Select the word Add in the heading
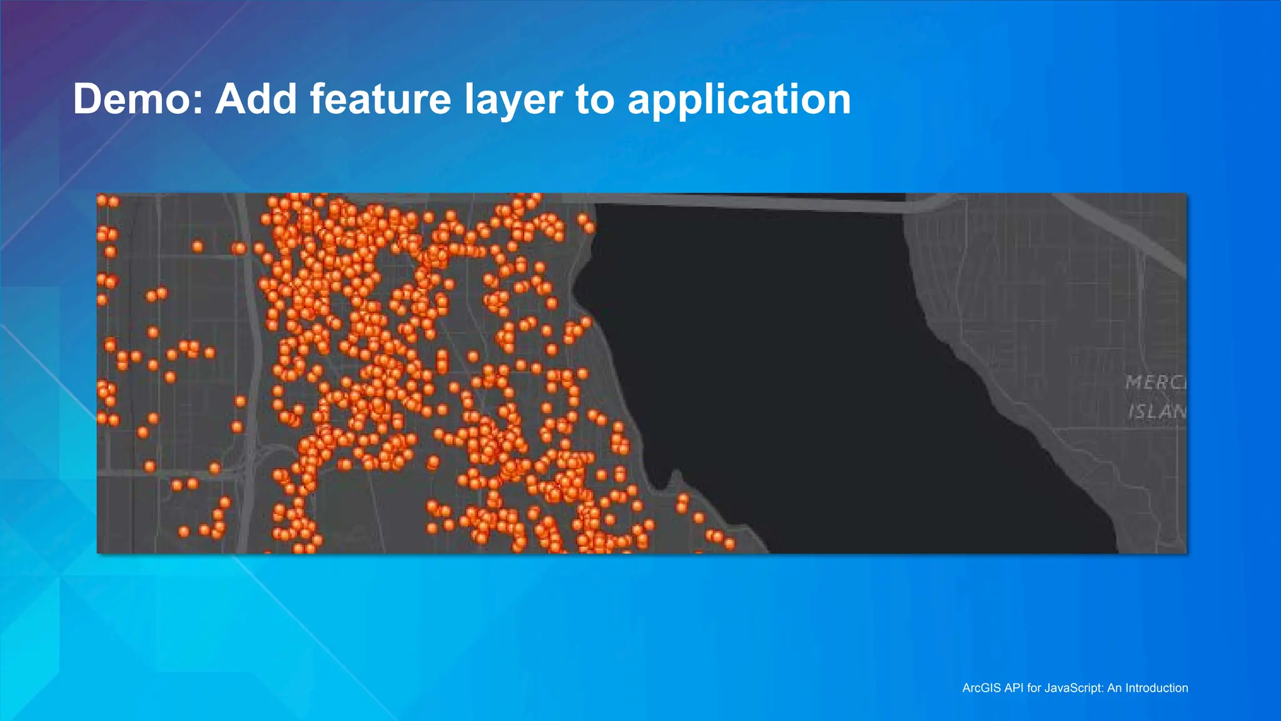tap(256, 99)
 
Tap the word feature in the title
tap(380, 99)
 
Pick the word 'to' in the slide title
tap(595, 100)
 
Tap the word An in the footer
tap(1114, 688)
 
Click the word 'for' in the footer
tap(1035, 688)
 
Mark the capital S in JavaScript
tap(1071, 688)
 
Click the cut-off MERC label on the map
tap(1155, 382)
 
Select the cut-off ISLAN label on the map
tap(1157, 411)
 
